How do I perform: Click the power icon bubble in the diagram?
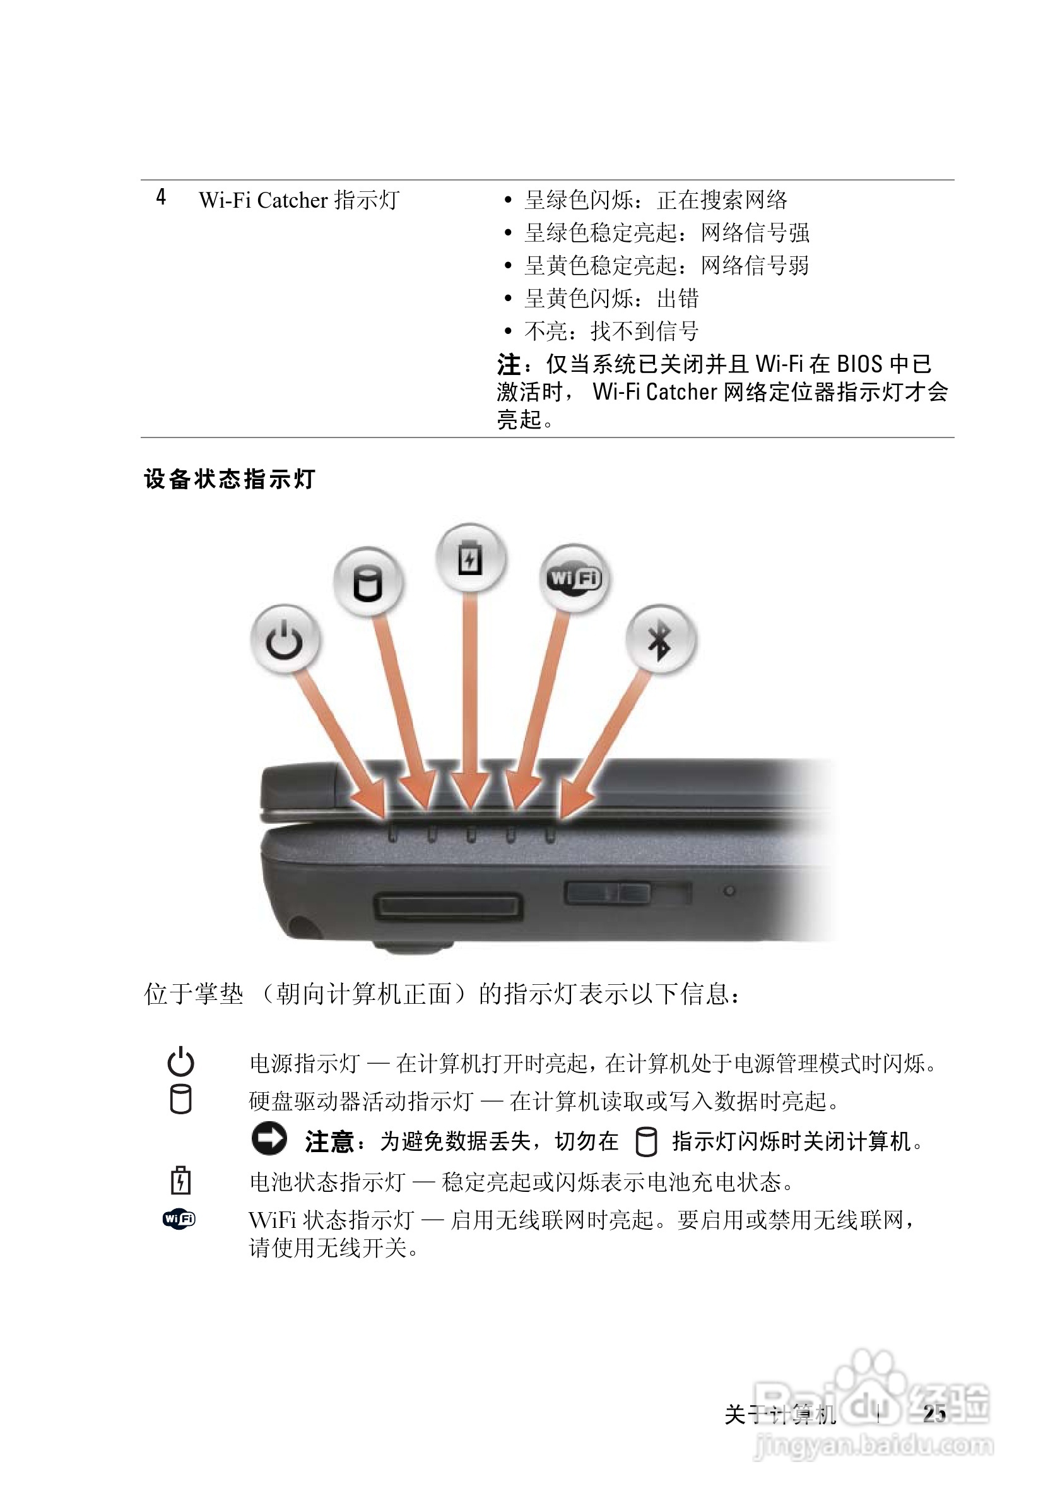click(285, 639)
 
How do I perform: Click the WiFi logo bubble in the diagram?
click(574, 578)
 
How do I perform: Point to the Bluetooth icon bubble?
click(660, 639)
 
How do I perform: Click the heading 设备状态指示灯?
click(230, 479)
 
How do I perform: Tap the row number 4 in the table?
click(161, 198)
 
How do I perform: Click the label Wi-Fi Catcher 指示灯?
click(298, 200)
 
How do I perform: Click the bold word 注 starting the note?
click(509, 364)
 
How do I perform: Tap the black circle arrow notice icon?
click(269, 1139)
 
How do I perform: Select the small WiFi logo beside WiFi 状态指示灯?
click(179, 1218)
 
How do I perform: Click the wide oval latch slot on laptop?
click(448, 907)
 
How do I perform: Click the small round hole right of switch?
click(729, 891)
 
